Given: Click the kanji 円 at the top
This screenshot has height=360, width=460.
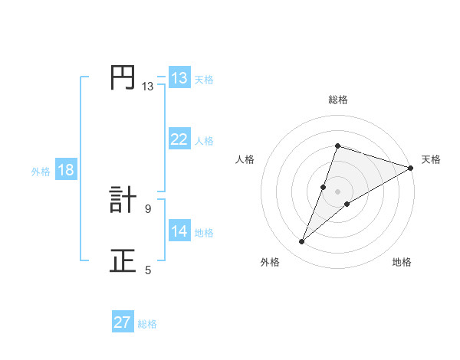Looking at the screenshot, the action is tap(123, 77).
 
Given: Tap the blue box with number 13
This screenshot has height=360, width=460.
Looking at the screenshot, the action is tap(179, 78).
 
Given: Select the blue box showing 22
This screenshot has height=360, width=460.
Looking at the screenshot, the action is tap(179, 139).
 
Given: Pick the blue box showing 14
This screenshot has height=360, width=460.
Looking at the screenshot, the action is tap(179, 231).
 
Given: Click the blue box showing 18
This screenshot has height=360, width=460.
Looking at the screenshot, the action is tap(66, 170).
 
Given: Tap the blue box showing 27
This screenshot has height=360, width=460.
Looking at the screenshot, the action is tap(123, 322).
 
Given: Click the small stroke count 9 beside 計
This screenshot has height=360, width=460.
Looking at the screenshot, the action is tap(148, 208).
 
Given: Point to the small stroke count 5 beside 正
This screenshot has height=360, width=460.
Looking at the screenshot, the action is tap(148, 270).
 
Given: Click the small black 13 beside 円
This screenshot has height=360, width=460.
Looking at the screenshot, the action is tap(147, 87).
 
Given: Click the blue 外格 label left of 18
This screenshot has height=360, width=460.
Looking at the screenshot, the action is tap(41, 172).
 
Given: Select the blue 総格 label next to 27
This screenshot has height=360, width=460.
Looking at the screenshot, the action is tap(147, 324).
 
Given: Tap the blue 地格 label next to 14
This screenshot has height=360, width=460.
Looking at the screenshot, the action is tap(204, 233).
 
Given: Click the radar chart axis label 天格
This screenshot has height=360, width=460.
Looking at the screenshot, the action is tap(431, 159).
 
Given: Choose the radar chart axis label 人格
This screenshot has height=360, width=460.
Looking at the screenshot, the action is tap(245, 159).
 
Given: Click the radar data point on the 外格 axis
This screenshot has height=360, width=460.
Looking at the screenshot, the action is tap(302, 242).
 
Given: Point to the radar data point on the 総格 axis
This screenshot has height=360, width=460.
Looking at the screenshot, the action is tap(337, 146).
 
